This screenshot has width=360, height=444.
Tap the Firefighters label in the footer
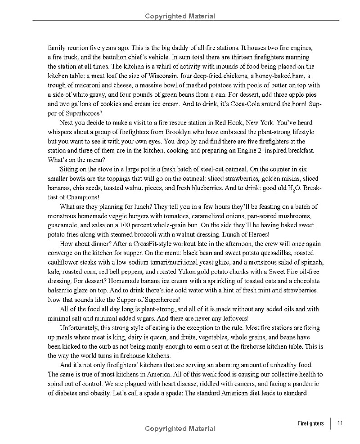tap(311, 423)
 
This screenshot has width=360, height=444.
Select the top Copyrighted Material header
tap(180, 17)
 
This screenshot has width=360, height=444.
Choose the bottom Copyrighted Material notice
tap(180, 429)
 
